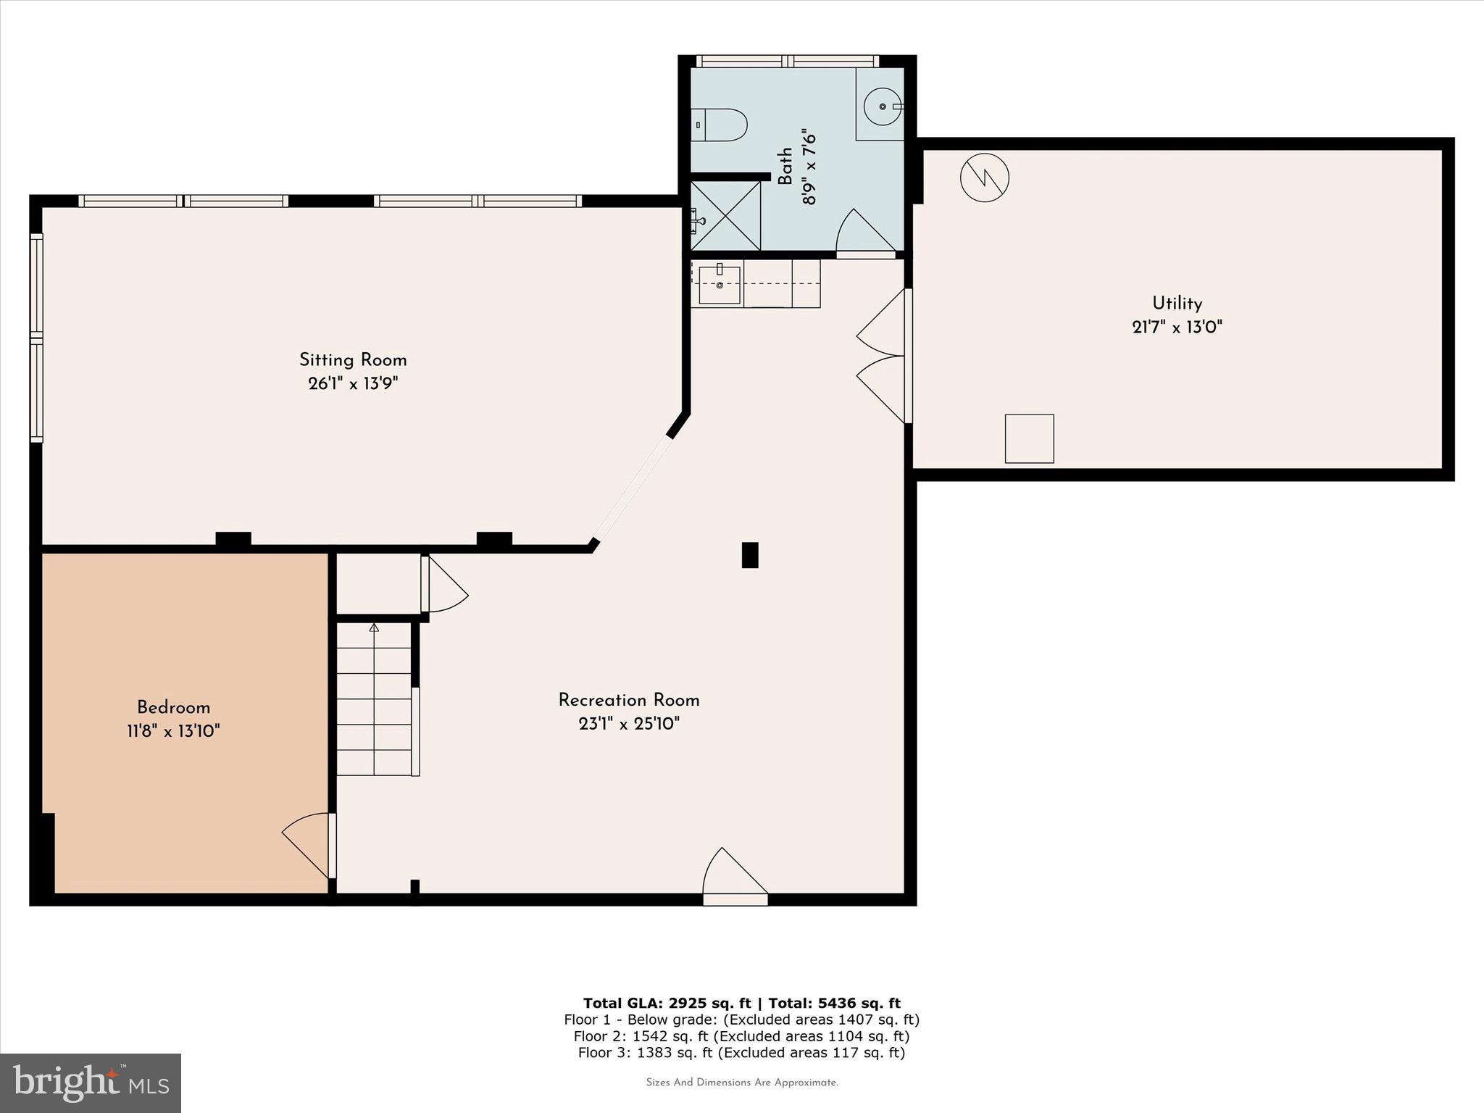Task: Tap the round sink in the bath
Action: [883, 107]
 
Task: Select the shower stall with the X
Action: [725, 216]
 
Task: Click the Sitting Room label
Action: [353, 360]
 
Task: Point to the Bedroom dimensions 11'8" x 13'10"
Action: [173, 731]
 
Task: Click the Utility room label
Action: [1177, 304]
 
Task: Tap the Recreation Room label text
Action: [628, 701]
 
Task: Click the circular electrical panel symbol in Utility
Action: [985, 177]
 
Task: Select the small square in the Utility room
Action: [1029, 438]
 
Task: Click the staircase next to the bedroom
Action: [374, 699]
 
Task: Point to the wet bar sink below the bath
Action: [719, 285]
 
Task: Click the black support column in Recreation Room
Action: [750, 555]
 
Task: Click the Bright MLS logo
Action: [91, 1083]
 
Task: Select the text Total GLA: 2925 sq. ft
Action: [667, 1003]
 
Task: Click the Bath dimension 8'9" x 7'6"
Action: [809, 167]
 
